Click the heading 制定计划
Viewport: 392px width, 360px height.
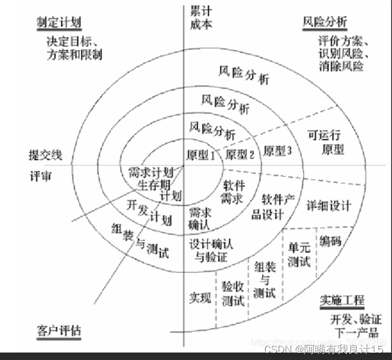pos(59,22)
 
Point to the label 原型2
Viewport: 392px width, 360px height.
pos(239,155)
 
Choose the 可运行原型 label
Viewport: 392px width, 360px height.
pos(327,143)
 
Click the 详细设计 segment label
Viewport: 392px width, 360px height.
pos(329,206)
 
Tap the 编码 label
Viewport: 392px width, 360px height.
pos(331,241)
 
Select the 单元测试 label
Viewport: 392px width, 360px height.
pos(298,254)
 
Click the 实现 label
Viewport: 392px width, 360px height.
pos(199,298)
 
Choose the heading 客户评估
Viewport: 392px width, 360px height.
pos(59,331)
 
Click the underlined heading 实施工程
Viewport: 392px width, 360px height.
pos(342,300)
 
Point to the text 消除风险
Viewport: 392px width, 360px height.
pos(341,67)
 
